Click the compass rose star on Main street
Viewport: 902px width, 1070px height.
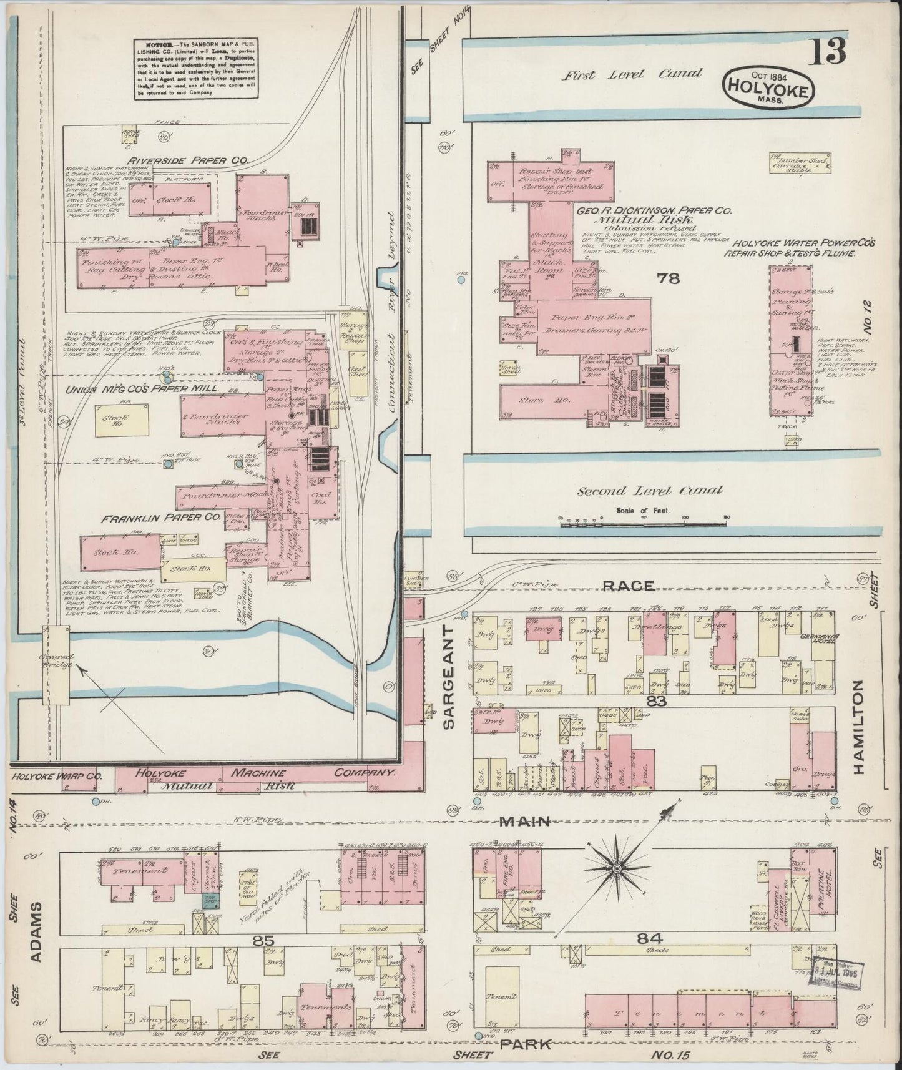(615, 868)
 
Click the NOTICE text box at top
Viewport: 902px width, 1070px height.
(195, 68)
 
